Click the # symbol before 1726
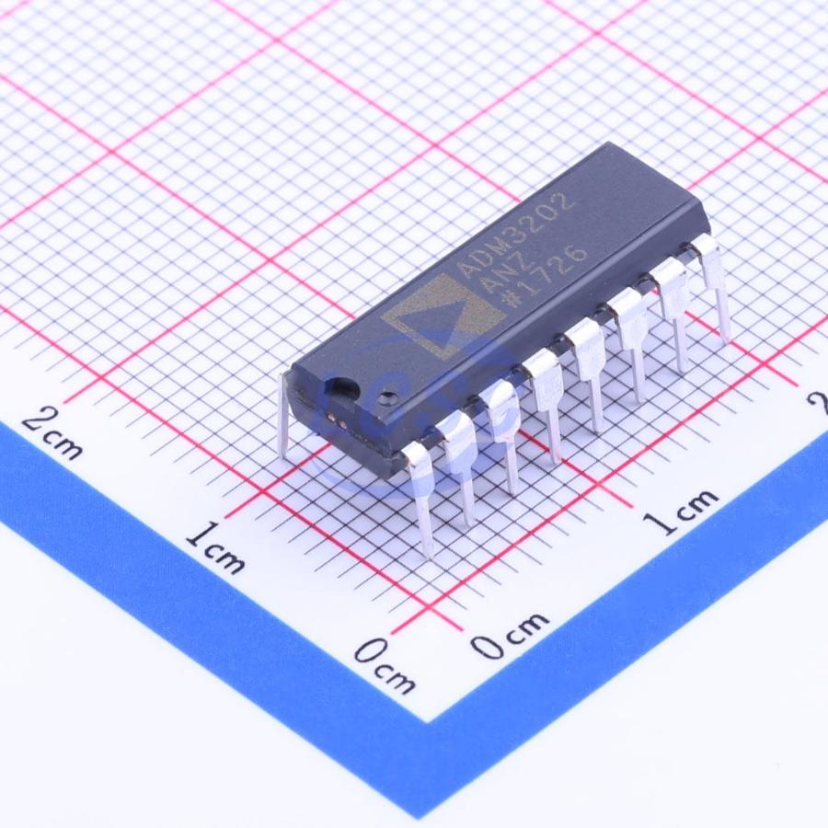(512, 302)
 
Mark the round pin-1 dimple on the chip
(390, 395)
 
